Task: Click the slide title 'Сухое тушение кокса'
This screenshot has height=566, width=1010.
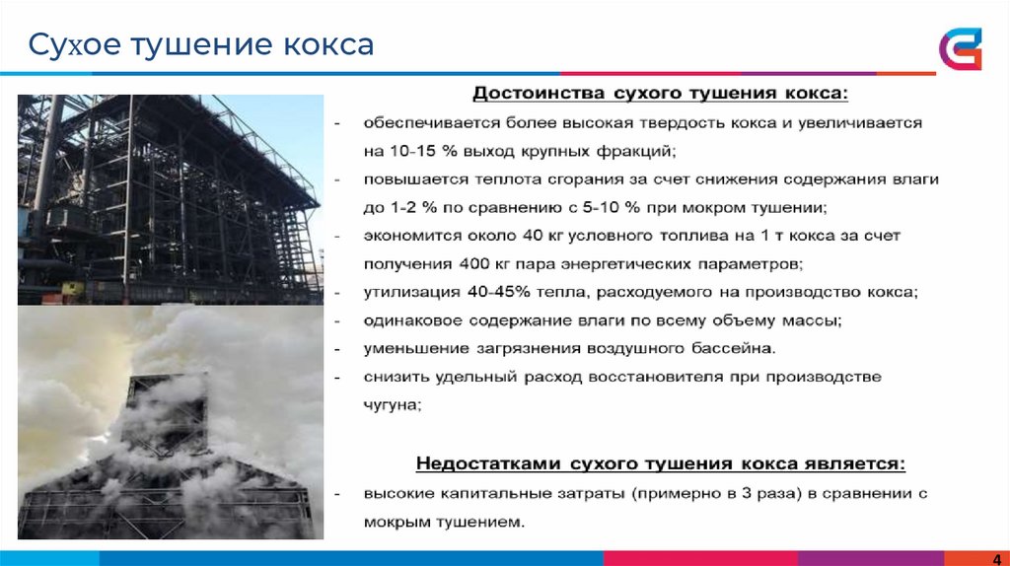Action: pos(200,44)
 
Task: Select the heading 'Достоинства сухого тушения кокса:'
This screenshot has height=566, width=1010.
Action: pos(660,95)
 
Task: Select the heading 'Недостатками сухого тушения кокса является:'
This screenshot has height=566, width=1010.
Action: pos(660,463)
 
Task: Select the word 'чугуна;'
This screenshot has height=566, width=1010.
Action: pos(393,404)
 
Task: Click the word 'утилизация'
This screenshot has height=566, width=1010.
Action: pos(401,293)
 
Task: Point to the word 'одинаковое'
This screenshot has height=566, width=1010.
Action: pos(404,321)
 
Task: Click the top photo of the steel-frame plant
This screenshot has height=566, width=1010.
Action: pos(171,199)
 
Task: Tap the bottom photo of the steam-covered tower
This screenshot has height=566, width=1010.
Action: pos(171,423)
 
